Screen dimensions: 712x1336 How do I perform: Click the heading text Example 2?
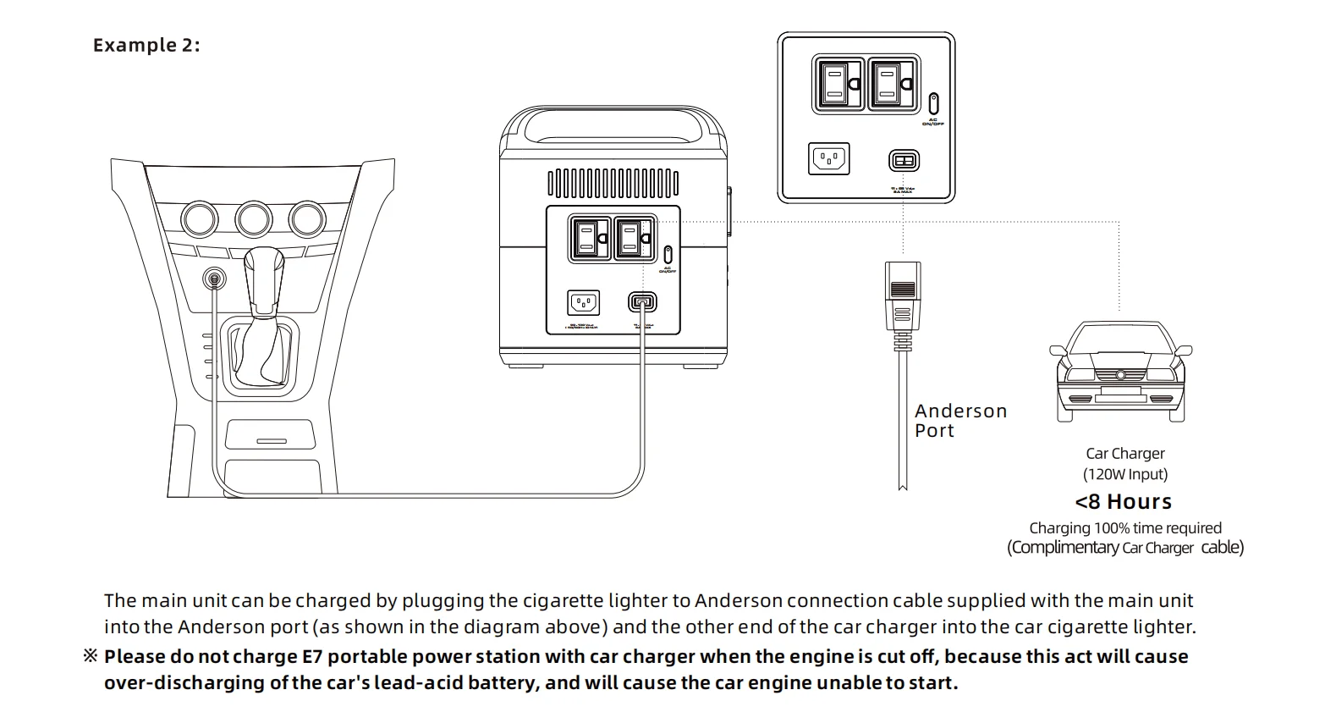coord(146,46)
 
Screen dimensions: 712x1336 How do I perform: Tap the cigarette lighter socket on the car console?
coord(215,278)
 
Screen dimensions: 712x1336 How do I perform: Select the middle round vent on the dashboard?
coord(254,219)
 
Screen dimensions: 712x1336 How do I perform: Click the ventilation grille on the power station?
coord(613,182)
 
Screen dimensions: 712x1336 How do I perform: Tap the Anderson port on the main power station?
coord(642,302)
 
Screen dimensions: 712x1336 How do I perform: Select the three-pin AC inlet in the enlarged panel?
coord(828,158)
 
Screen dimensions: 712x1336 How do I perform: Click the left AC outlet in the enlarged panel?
coord(838,84)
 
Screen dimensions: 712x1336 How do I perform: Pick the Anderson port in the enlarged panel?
coord(904,160)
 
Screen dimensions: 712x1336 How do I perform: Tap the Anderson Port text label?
coord(960,421)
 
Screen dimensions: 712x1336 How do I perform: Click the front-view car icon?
coord(1120,373)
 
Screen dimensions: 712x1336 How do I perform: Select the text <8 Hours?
coord(1124,502)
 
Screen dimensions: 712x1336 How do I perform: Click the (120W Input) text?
coord(1125,474)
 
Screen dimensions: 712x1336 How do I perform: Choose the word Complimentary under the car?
coord(1065,548)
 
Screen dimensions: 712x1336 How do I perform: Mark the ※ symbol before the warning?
coord(91,657)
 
